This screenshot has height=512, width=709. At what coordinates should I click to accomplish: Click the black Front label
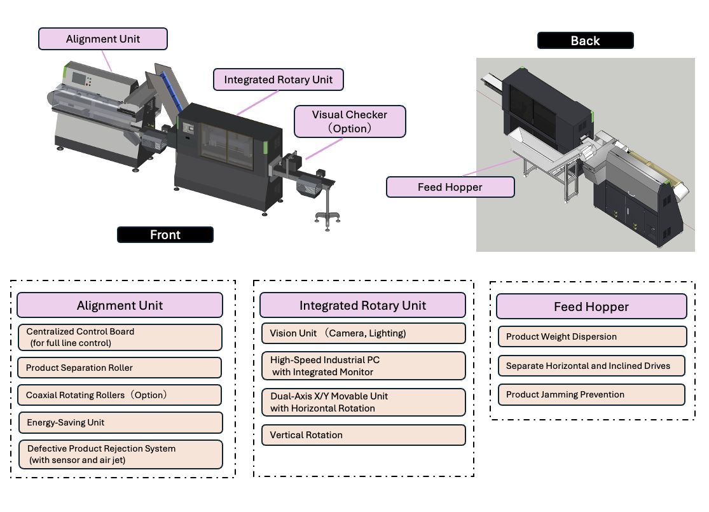click(x=165, y=235)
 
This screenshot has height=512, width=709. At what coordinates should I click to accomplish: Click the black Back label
click(x=585, y=41)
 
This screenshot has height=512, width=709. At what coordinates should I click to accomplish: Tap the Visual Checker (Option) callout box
click(x=350, y=121)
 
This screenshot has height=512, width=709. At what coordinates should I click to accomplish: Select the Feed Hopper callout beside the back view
click(x=450, y=187)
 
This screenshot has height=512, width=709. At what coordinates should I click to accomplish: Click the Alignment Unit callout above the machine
click(x=102, y=39)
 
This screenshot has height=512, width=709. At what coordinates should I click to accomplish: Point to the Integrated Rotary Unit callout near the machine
click(x=278, y=80)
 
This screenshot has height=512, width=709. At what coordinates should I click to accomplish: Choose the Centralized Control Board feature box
click(x=120, y=338)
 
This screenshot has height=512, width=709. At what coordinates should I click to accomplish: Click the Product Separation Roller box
click(x=120, y=368)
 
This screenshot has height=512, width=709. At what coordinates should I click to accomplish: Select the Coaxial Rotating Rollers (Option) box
click(x=120, y=395)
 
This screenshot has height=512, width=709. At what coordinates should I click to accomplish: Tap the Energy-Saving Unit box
click(x=120, y=422)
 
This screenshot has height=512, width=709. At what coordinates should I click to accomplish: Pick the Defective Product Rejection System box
click(x=120, y=454)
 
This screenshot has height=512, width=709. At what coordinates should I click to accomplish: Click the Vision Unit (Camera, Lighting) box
click(x=364, y=333)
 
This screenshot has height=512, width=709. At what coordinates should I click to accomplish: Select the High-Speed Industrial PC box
click(x=364, y=366)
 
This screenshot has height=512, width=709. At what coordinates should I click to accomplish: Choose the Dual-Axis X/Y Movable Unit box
click(x=364, y=402)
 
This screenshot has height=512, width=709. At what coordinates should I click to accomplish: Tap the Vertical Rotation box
click(x=364, y=435)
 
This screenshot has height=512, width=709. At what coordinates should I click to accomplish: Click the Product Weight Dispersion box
click(x=593, y=336)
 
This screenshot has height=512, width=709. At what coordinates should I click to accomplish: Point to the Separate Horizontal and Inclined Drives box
click(x=591, y=366)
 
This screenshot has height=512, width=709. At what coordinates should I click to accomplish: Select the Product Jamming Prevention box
click(x=591, y=394)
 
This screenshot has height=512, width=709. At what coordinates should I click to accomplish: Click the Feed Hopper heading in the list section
click(x=591, y=307)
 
